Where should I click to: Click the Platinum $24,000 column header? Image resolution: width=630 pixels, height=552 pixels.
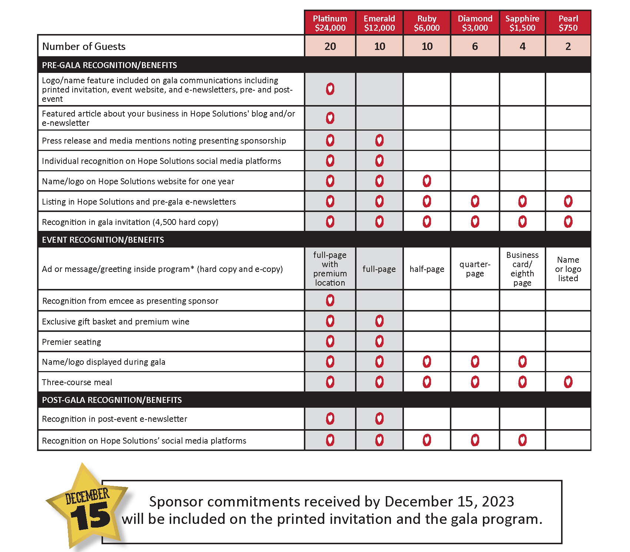pyautogui.click(x=330, y=23)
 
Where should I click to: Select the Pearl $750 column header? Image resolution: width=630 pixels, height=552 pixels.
pyautogui.click(x=568, y=23)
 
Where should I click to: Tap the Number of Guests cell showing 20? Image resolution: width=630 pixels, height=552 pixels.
pyautogui.click(x=330, y=46)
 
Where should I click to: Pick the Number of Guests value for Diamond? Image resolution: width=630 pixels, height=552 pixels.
pyautogui.click(x=475, y=46)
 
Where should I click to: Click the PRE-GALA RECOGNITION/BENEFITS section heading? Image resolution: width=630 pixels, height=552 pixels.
pyautogui.click(x=109, y=65)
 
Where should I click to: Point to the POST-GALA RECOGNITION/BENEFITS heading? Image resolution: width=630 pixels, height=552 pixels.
pyautogui.click(x=112, y=400)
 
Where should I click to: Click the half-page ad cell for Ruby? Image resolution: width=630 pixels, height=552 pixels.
pyautogui.click(x=427, y=269)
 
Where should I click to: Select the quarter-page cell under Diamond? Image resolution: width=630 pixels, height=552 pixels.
pyautogui.click(x=475, y=269)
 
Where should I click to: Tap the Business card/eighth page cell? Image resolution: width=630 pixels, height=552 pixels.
pyautogui.click(x=522, y=269)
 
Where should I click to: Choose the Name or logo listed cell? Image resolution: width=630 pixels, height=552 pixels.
pyautogui.click(x=568, y=269)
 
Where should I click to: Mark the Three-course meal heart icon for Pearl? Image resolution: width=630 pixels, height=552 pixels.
pyautogui.click(x=568, y=382)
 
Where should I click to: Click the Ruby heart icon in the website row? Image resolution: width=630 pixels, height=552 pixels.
pyautogui.click(x=427, y=181)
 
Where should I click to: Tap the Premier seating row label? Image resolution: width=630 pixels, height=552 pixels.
pyautogui.click(x=72, y=342)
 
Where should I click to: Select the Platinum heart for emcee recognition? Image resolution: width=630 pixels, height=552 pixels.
pyautogui.click(x=330, y=300)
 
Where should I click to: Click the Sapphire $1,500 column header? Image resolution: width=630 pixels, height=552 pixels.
pyautogui.click(x=522, y=23)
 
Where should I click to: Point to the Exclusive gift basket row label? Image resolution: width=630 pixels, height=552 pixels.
pyautogui.click(x=116, y=322)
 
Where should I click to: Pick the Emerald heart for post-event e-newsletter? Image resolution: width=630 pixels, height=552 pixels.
pyautogui.click(x=379, y=419)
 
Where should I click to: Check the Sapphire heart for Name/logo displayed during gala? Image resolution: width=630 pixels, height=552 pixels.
pyautogui.click(x=522, y=361)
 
